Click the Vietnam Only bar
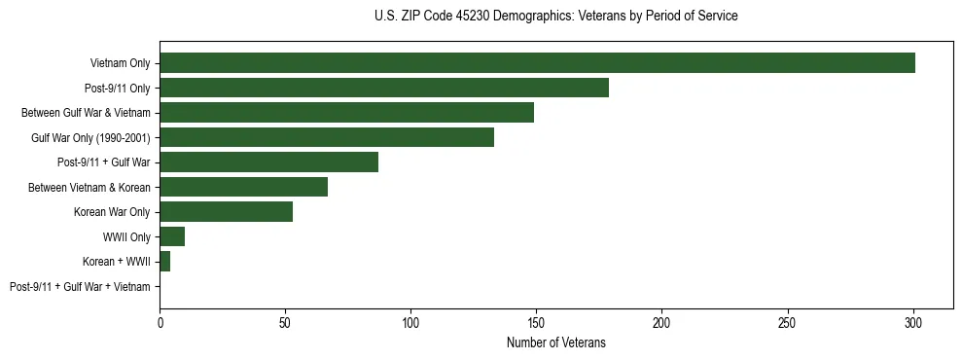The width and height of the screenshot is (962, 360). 537,63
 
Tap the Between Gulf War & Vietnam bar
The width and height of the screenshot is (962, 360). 346,113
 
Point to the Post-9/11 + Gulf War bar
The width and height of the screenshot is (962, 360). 268,162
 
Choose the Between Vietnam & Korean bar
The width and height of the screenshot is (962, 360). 243,187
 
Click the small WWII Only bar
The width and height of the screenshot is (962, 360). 172,236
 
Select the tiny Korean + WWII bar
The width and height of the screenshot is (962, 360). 164,262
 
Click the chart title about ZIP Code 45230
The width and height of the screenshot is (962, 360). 555,17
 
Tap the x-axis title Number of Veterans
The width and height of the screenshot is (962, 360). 555,342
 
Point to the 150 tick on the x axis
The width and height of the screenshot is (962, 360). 537,321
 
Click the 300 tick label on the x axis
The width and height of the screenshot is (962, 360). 913,321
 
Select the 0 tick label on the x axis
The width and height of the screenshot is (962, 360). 160,321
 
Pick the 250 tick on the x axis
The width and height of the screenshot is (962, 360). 788,321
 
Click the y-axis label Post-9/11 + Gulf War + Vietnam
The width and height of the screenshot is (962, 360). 80,287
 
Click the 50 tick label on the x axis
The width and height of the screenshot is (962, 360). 285,321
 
